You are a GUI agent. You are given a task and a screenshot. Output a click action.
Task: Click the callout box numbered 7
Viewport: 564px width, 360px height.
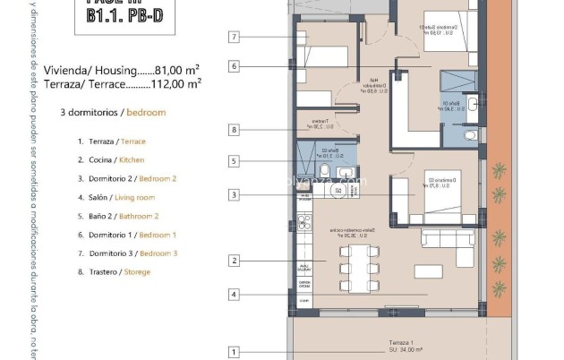234,37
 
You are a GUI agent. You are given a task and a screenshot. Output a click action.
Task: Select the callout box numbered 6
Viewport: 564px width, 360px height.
234,66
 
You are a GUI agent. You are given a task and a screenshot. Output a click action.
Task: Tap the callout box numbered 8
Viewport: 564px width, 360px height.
234,130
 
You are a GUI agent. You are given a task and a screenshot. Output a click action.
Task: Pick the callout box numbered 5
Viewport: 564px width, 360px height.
234,162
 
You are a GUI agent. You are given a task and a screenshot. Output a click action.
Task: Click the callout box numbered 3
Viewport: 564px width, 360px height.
234,194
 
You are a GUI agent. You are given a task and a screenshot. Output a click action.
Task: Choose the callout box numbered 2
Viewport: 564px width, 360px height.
234,261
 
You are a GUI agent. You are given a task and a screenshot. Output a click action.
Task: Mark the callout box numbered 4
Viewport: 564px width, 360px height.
234,294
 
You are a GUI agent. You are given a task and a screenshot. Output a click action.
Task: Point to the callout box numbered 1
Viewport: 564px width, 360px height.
234,353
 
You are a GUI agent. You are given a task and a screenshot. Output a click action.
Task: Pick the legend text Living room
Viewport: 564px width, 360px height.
134,197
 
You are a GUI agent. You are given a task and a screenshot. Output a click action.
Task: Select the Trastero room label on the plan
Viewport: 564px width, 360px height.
318,124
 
